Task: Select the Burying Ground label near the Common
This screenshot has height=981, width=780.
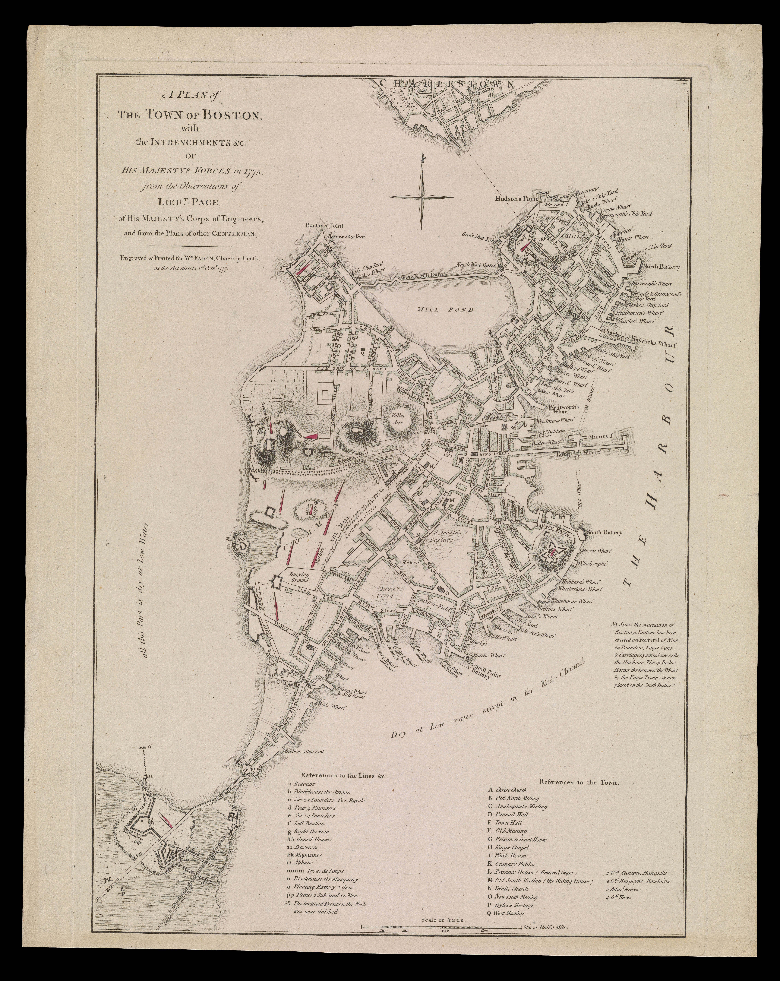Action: click(299, 576)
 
